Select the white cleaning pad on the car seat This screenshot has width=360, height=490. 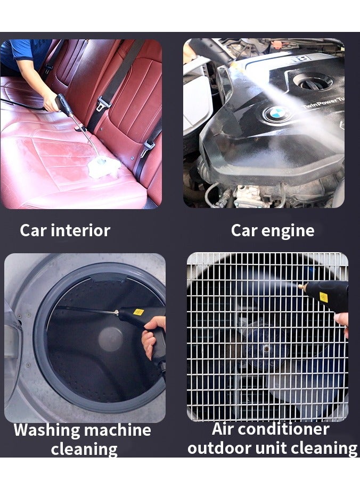click(x=104, y=167)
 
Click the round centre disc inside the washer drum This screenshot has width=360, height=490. click(x=110, y=339)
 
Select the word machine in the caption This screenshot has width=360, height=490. click(x=117, y=430)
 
